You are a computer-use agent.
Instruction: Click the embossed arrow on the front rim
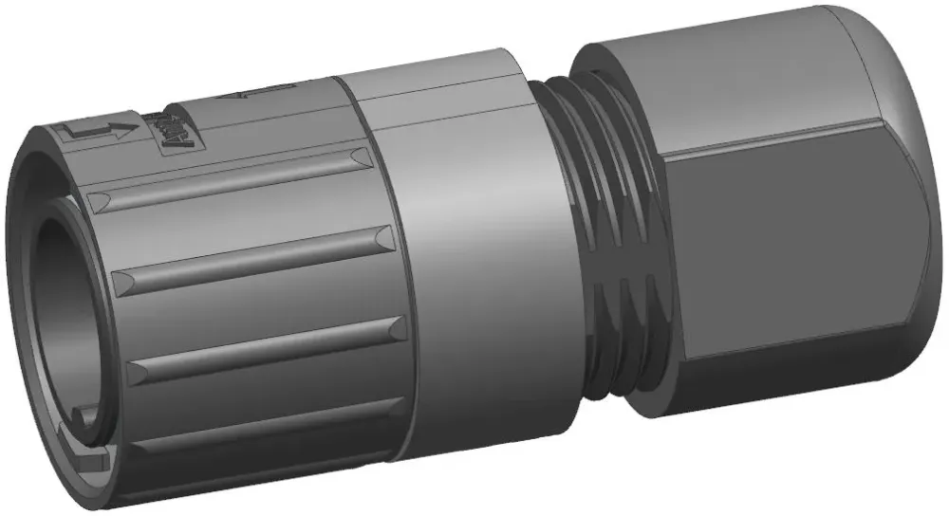pos(95,134)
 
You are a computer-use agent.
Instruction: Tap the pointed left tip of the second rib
pos(119,281)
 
